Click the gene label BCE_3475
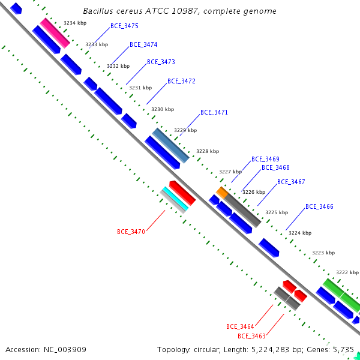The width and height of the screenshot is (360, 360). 124,26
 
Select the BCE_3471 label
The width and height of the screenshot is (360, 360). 214,112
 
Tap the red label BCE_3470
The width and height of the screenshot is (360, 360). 131,232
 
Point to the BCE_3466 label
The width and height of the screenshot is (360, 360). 319,206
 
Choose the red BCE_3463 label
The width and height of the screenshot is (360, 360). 251,336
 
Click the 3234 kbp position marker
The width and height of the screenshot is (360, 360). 75,23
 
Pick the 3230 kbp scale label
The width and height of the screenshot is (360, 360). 163,109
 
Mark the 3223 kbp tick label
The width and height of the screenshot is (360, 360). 323,253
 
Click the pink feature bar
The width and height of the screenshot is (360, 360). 55,33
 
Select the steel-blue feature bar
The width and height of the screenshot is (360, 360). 170,146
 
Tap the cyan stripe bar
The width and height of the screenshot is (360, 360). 176,199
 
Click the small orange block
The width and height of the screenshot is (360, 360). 222,193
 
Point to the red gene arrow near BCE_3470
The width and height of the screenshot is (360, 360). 182,193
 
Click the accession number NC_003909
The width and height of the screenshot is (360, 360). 65,350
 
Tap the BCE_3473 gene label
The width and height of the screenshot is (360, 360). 161,62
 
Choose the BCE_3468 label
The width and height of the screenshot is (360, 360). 275,167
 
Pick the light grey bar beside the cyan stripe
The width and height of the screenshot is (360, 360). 172,202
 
